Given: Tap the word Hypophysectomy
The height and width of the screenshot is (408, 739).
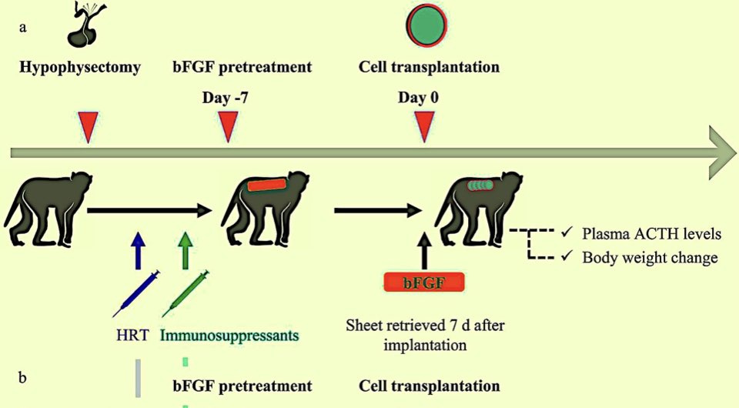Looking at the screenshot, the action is tap(80, 68).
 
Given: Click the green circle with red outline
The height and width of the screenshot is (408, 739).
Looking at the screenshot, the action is tap(426, 26).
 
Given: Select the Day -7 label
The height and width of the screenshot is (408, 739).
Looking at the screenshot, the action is tap(226, 98).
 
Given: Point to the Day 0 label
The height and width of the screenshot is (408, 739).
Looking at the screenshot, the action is tap(418, 98).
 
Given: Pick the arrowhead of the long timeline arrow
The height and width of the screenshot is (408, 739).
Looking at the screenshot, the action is tap(721, 152).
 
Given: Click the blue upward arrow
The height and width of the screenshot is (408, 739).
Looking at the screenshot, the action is tap(138, 250).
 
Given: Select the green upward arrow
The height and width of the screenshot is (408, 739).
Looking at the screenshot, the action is tap(186, 250).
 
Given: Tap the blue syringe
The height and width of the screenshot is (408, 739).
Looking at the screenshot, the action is tap(135, 293).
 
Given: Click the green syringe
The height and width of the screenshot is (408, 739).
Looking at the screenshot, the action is tap(186, 293).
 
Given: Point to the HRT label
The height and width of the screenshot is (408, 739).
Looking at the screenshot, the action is tap(133, 336).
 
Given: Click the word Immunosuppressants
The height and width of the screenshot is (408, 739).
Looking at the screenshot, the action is tap(229, 336).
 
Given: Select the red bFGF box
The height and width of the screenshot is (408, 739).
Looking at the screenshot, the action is tap(424, 283).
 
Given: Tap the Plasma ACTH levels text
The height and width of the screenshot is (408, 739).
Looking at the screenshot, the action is tap(652, 234).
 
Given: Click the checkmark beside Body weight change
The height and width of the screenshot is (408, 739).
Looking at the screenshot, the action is tap(567, 256).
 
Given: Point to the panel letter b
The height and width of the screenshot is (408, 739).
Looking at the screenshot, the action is tap(22, 377).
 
